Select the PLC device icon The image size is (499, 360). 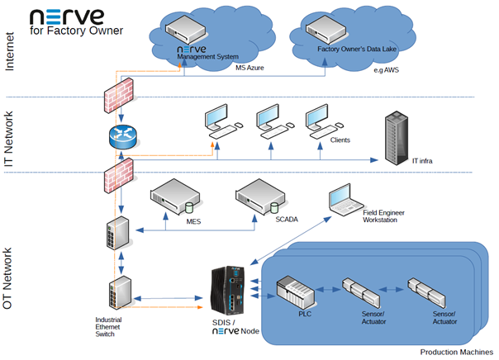coord(295,291)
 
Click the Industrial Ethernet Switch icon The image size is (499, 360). coord(116,290)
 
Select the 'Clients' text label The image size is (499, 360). coord(340,141)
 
